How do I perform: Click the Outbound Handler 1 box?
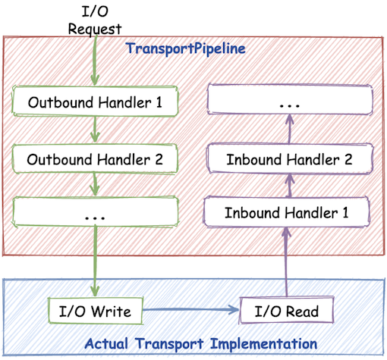click(95, 101)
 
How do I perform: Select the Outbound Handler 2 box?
click(95, 160)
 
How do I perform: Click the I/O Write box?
click(95, 311)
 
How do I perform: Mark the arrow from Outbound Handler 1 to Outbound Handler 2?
click(95, 130)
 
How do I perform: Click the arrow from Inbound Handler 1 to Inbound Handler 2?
click(287, 186)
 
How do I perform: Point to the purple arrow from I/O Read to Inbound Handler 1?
click(287, 261)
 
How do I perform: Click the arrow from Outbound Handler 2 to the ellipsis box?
click(95, 186)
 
